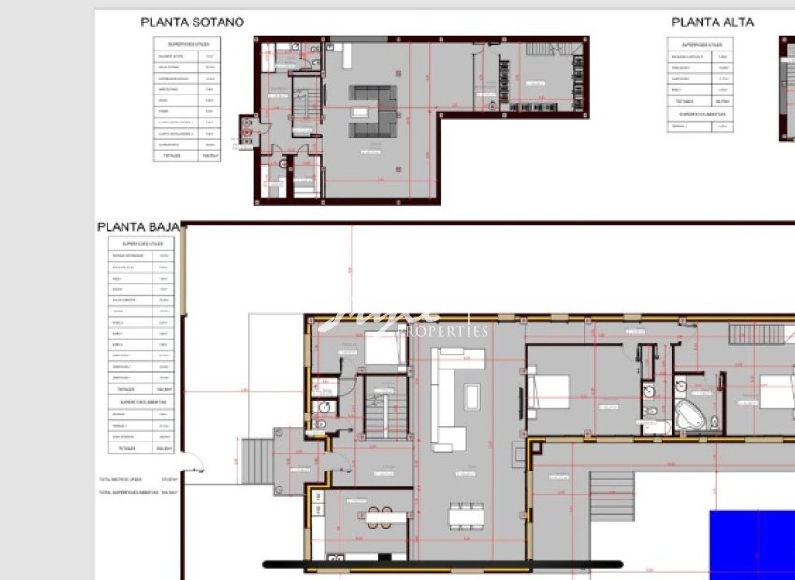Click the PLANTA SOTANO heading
(192, 22)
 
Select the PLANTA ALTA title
(713, 22)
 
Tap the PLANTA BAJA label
(137, 227)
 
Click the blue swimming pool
(752, 544)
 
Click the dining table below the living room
(467, 515)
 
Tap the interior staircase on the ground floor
(383, 406)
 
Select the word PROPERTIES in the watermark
(443, 331)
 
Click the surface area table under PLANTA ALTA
(701, 84)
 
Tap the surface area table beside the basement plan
(187, 99)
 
